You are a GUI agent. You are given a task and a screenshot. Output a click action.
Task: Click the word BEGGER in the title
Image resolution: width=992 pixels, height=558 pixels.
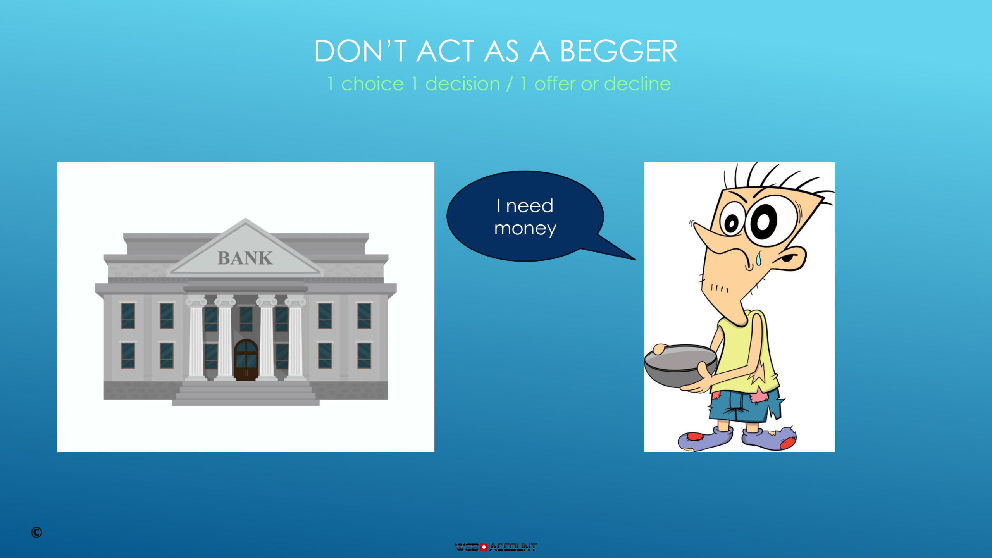click(x=618, y=51)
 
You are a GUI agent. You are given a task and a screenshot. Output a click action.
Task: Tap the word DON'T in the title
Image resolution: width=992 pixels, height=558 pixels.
click(x=360, y=51)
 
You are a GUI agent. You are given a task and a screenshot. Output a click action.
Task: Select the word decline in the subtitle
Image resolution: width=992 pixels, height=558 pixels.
click(x=637, y=83)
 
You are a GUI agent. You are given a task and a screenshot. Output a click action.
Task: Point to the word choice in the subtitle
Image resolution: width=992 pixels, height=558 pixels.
click(x=372, y=84)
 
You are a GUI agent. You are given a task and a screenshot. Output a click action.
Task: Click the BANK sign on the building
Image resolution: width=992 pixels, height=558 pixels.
click(x=245, y=258)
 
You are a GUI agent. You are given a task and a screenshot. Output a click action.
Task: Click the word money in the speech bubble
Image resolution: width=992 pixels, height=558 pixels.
click(x=525, y=229)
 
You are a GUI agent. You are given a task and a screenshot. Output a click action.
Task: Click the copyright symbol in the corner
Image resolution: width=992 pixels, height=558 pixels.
click(x=36, y=532)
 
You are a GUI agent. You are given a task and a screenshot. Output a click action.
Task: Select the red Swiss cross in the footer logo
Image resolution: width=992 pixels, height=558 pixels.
click(x=484, y=547)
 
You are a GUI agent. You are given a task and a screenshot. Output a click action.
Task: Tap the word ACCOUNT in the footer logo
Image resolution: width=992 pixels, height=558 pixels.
click(x=513, y=547)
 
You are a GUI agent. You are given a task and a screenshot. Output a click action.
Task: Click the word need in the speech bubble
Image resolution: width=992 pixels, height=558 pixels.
click(x=530, y=206)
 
